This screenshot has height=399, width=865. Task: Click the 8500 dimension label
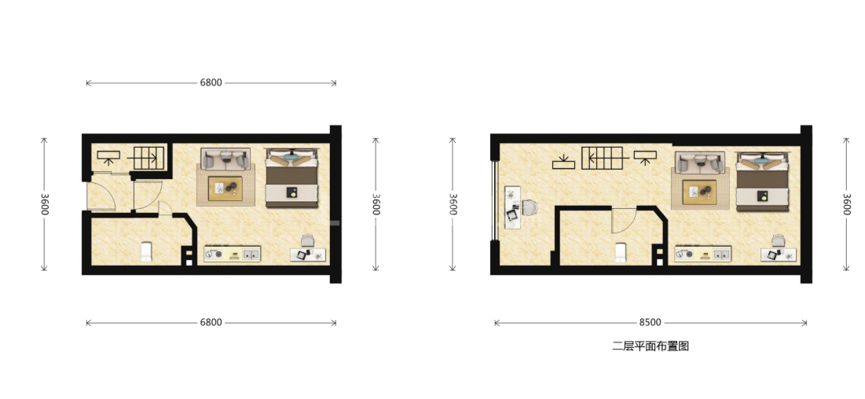(x=651, y=322)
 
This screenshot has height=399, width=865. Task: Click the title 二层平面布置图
(x=651, y=346)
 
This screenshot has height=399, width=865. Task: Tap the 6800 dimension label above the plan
(x=211, y=82)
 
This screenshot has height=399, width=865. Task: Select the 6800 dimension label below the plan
(x=211, y=322)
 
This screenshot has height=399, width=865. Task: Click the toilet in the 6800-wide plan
(x=146, y=251)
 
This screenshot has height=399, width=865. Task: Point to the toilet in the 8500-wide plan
(x=621, y=251)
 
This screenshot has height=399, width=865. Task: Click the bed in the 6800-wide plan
(x=291, y=178)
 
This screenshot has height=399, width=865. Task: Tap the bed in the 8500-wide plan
(x=763, y=181)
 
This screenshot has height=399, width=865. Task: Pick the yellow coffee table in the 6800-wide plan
(x=225, y=189)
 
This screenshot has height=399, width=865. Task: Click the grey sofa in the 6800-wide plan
(x=225, y=159)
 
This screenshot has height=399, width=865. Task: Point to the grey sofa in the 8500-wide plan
(x=700, y=163)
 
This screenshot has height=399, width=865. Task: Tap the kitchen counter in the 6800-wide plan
(x=233, y=254)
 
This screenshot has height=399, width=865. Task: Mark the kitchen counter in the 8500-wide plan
(x=703, y=254)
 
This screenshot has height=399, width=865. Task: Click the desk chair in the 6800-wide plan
(x=307, y=241)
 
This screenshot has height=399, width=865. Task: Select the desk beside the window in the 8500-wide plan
(x=512, y=207)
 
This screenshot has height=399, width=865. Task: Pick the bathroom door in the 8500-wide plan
(x=624, y=220)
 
